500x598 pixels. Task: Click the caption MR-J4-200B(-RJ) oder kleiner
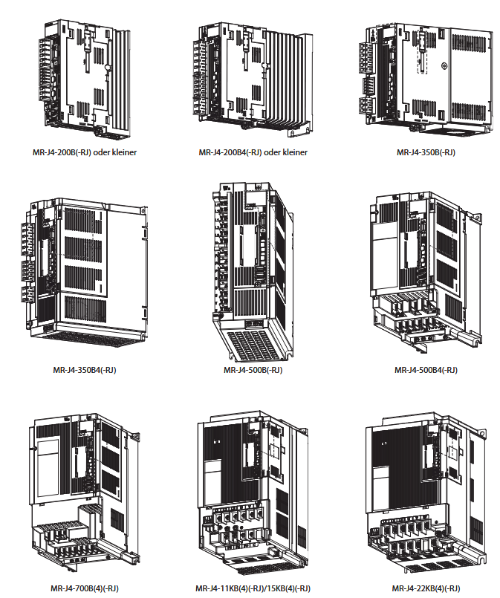(x=84, y=152)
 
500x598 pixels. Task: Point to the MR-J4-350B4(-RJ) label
(x=85, y=369)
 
